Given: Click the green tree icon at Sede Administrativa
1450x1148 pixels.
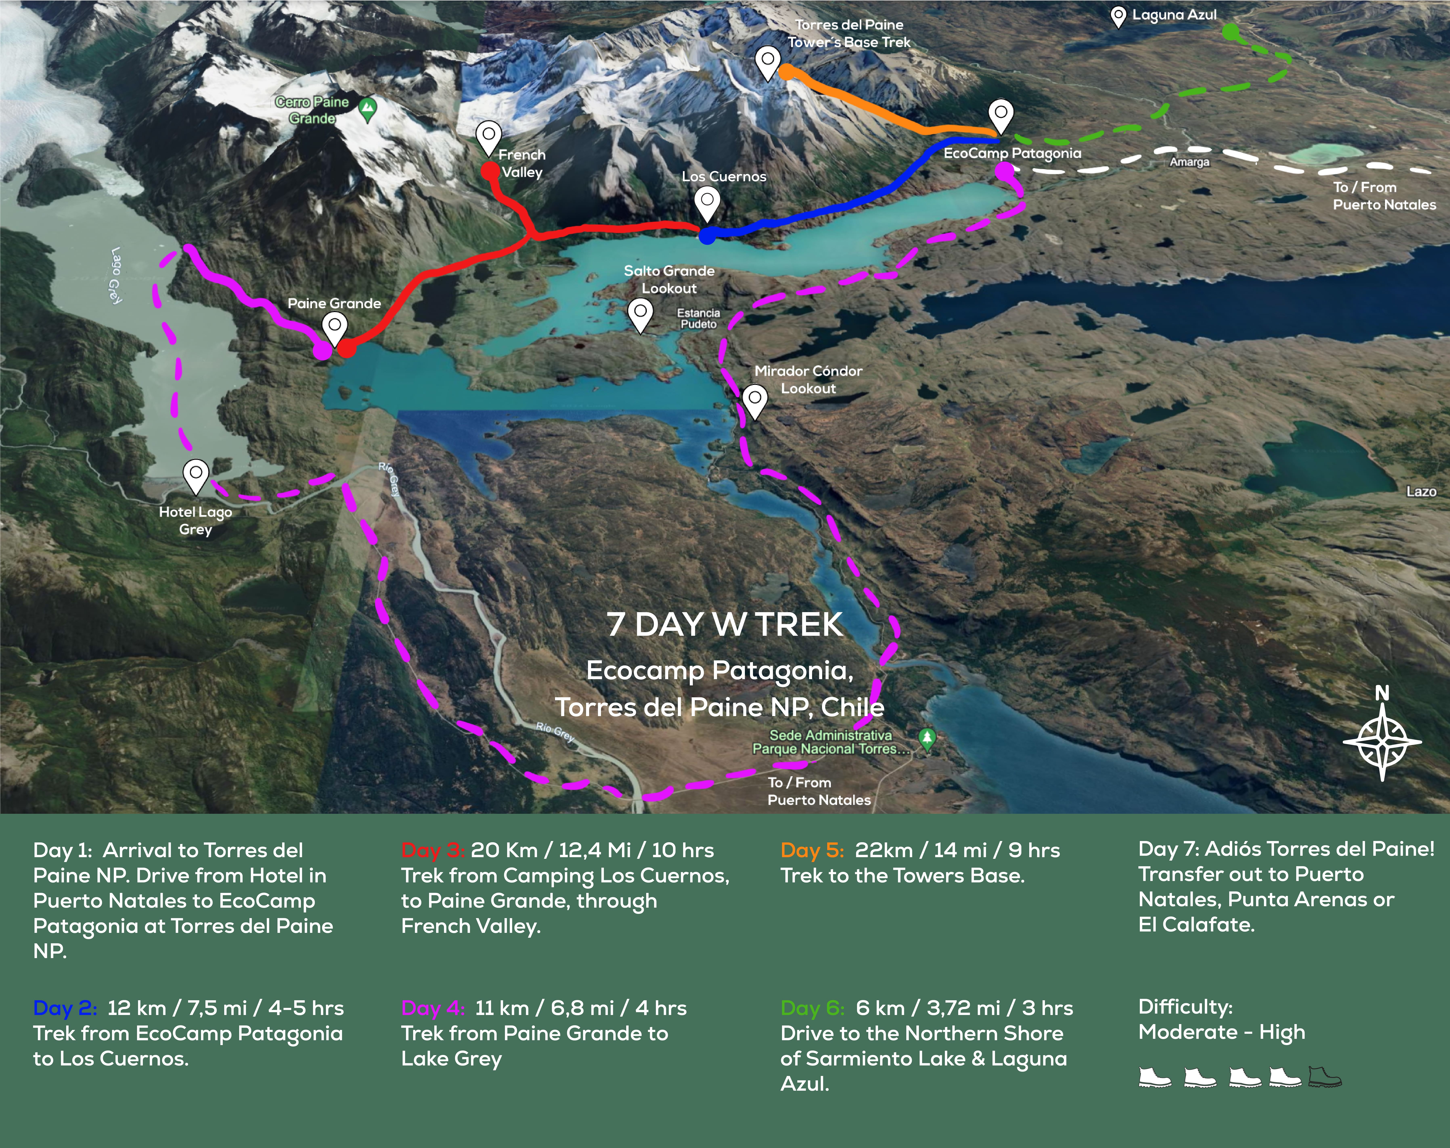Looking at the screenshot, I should coord(927,738).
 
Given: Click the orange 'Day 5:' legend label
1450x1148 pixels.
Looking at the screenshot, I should coord(812,850).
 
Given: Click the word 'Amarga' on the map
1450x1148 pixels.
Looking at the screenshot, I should coord(1189,162).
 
